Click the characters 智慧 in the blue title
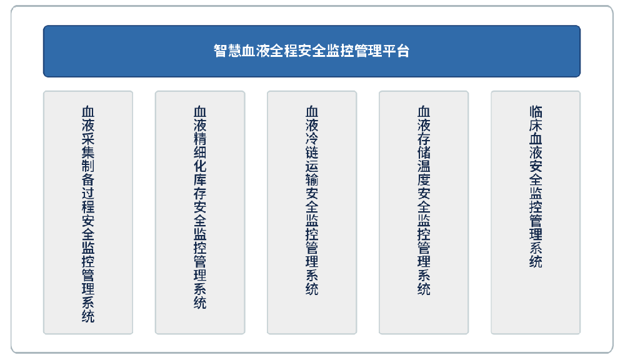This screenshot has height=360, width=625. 227,51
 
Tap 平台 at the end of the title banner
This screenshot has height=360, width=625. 396,51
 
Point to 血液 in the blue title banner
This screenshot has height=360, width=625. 256,51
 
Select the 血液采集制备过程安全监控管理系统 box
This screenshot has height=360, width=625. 88,212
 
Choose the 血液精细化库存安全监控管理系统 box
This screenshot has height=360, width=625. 200,212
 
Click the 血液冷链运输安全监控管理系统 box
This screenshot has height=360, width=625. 312,212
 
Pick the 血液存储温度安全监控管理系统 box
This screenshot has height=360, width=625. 424,212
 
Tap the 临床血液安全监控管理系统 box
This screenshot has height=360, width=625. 536,212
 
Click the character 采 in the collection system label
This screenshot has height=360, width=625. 88,139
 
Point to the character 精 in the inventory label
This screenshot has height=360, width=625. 200,139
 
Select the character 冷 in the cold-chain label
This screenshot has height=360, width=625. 312,139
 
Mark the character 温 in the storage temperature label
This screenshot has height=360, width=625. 424,166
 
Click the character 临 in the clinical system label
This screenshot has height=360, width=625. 536,112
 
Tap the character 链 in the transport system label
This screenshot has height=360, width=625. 312,152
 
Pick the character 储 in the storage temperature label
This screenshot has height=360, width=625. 424,152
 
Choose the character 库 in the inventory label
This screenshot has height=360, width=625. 200,180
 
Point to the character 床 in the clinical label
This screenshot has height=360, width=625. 536,125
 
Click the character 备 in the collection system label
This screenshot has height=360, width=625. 88,180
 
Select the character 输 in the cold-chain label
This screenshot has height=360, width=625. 312,180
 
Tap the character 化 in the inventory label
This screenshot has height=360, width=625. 200,166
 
